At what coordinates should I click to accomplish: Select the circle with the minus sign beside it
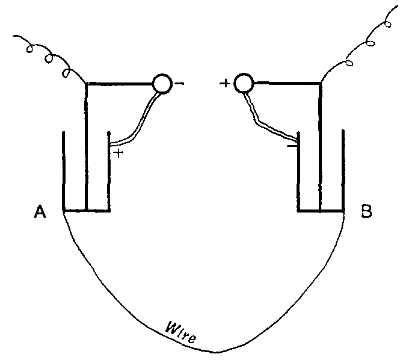tap(162, 84)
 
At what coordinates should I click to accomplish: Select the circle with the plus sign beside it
tap(244, 84)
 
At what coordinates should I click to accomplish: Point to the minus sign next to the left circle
tap(179, 84)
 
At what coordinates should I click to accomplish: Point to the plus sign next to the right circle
tap(226, 84)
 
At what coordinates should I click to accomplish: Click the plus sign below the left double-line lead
tap(119, 153)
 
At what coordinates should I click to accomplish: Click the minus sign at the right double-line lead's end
tap(291, 145)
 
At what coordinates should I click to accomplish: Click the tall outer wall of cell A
tap(63, 169)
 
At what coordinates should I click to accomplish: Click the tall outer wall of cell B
tap(343, 169)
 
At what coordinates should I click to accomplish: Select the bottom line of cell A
tap(86, 211)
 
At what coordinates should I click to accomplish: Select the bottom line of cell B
tap(321, 211)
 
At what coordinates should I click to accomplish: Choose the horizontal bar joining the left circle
tap(120, 84)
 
